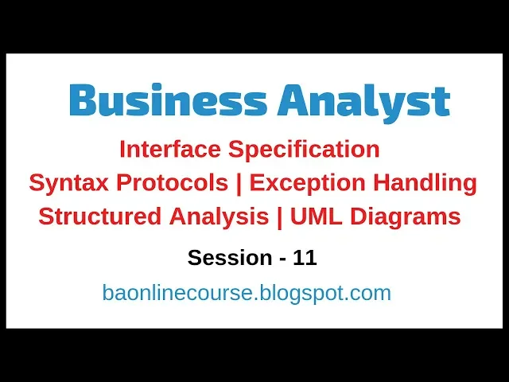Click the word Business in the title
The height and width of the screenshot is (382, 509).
[x=168, y=99]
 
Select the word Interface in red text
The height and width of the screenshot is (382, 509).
[x=170, y=149]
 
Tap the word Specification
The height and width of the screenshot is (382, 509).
[x=304, y=150]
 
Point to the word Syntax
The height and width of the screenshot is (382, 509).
[x=68, y=184]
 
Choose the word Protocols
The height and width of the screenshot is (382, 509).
[x=172, y=183]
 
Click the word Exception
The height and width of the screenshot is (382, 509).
[x=308, y=184]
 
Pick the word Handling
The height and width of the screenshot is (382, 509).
[x=425, y=184]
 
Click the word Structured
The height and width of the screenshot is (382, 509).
[x=99, y=216]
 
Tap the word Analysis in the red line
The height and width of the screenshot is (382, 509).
[x=219, y=217]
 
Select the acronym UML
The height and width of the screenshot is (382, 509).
[x=316, y=216]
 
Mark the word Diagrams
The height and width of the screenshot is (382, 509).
[x=406, y=217]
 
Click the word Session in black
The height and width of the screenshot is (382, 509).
[x=230, y=258]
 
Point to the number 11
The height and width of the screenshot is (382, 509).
[x=305, y=258]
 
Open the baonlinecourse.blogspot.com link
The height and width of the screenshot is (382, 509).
[x=247, y=293]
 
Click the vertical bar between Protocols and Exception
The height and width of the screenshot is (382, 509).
[x=239, y=185]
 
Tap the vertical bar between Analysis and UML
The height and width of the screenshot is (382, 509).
[x=279, y=217]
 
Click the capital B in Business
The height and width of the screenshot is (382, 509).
[x=83, y=100]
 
